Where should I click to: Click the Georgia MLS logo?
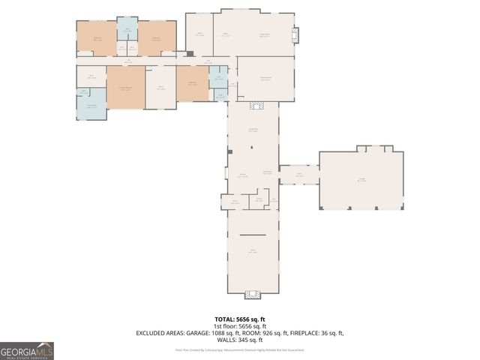point(27,350)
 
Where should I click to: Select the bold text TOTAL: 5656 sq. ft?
point(240,319)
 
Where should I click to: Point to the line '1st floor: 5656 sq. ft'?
point(240,325)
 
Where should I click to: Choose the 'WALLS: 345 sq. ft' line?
point(240,339)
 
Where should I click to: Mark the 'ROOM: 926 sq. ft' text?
point(262,332)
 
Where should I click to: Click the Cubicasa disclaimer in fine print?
point(240,349)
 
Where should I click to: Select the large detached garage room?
point(361,181)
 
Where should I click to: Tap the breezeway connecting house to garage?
point(299,175)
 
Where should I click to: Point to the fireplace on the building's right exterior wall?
point(296,34)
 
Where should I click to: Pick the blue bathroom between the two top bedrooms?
point(127,33)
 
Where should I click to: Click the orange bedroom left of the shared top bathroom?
point(97,37)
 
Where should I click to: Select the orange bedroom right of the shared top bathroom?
point(157,37)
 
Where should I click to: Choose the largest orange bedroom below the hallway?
point(125,88)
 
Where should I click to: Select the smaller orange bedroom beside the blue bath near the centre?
point(192,82)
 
